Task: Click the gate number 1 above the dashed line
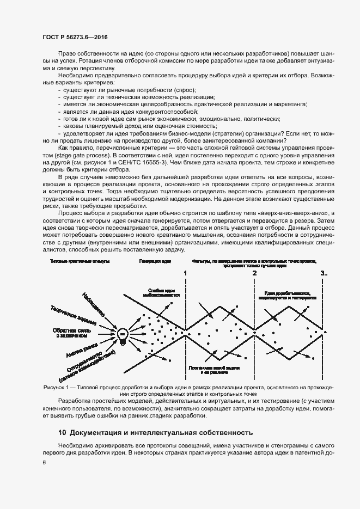pyautogui.click(x=186, y=274)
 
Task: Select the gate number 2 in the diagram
pyautogui.click(x=254, y=274)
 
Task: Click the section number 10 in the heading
pyautogui.click(x=62, y=433)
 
